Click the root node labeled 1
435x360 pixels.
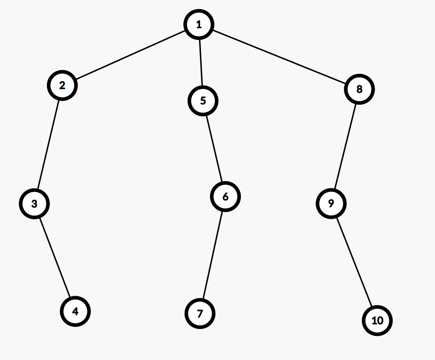pos(199,24)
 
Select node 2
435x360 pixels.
pos(62,85)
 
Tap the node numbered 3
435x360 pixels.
pos(34,203)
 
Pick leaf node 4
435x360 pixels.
pos(75,311)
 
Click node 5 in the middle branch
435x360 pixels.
pos(203,101)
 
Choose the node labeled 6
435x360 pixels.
pos(225,196)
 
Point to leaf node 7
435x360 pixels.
pos(200,314)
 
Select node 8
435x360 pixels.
pos(359,89)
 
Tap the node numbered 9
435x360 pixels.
pos(331,204)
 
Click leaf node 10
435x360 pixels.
pos(377,320)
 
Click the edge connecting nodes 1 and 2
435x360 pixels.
pos(130,55)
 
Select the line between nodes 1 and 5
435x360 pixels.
pos(200,62)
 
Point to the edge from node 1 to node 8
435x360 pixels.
pos(279,57)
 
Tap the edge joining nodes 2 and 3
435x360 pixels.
pos(48,144)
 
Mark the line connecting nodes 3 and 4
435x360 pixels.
pos(55,257)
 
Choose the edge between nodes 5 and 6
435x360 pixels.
pos(214,148)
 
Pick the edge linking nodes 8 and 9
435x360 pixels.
pos(345,146)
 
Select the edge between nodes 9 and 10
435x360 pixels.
pos(354,262)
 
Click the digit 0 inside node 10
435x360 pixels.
pos(380,320)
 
